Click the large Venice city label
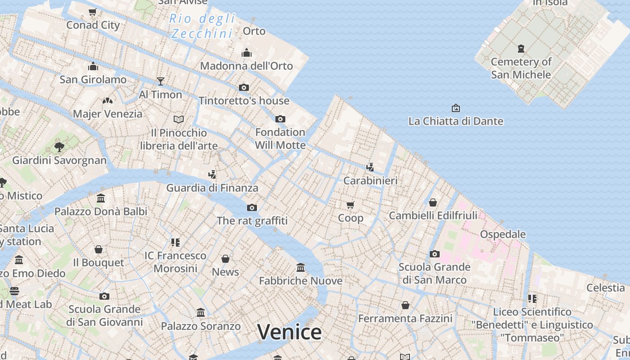pyautogui.click(x=289, y=332)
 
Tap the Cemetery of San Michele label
pyautogui.click(x=521, y=68)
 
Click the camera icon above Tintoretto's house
pyautogui.click(x=244, y=87)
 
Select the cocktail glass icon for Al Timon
pyautogui.click(x=161, y=81)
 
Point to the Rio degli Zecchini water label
pyautogui.click(x=202, y=26)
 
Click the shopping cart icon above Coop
pyautogui.click(x=350, y=205)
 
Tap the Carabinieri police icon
pyautogui.click(x=370, y=167)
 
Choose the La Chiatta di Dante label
pyautogui.click(x=455, y=121)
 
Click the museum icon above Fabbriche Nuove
pyautogui.click(x=301, y=268)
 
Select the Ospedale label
pyautogui.click(x=503, y=234)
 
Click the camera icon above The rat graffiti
pyautogui.click(x=252, y=207)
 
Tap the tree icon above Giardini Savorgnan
pyautogui.click(x=59, y=147)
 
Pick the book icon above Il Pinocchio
pyautogui.click(x=179, y=120)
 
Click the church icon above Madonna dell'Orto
pyautogui.click(x=246, y=53)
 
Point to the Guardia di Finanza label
pyautogui.click(x=212, y=188)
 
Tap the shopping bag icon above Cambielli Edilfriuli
pyautogui.click(x=432, y=202)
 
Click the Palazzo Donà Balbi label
pyautogui.click(x=101, y=211)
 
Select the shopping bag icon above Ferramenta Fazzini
pyautogui.click(x=405, y=306)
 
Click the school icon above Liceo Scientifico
pyautogui.click(x=532, y=298)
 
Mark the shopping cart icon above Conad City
pyautogui.click(x=93, y=12)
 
